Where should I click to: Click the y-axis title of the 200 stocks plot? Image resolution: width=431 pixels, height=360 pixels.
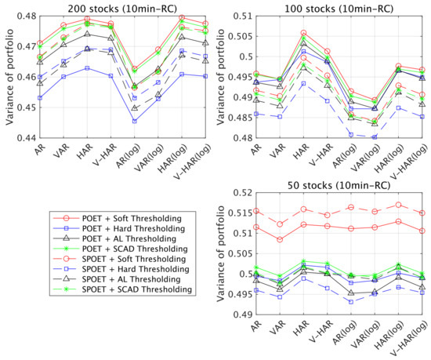(6, 76)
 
